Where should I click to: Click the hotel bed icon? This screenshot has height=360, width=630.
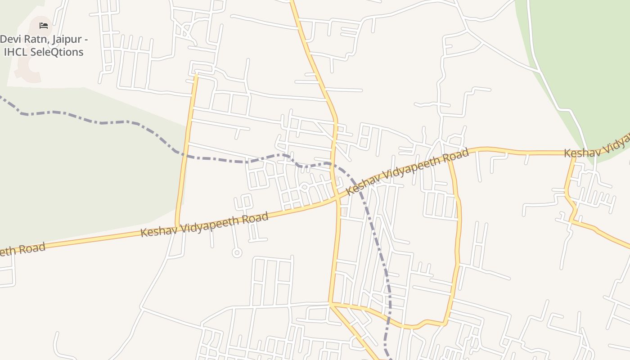point(44,25)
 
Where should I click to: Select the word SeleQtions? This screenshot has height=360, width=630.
point(57,52)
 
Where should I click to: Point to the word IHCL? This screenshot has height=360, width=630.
point(16,52)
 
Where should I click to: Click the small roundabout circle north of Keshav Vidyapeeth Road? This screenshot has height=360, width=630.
point(304,187)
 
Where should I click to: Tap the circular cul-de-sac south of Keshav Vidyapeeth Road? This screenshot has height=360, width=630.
point(237,252)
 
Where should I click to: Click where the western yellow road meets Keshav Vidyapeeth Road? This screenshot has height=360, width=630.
point(177,226)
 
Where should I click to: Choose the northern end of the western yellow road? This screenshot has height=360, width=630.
point(196,76)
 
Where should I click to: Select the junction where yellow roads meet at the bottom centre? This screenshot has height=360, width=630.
point(331,304)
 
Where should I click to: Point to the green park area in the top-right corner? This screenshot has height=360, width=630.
point(585,54)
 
